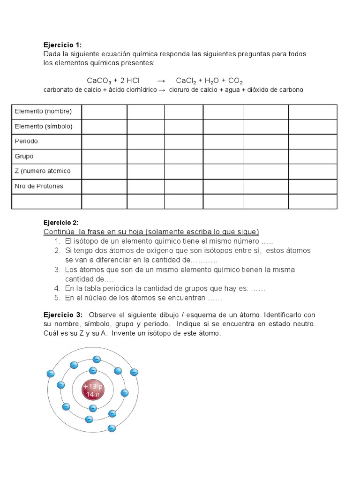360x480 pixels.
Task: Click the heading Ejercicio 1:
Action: [62, 45]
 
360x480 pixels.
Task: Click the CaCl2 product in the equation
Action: [186, 81]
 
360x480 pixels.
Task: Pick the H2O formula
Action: [211, 81]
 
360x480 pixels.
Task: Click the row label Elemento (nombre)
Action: [43, 112]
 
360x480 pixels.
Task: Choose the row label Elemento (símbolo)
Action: [44, 127]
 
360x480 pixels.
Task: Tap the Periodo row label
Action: [26, 141]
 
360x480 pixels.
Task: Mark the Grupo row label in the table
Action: [24, 156]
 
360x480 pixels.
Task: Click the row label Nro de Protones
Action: [39, 186]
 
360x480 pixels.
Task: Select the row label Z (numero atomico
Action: [43, 171]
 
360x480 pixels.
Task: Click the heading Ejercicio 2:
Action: [61, 222]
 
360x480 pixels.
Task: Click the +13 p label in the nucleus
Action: [92, 387]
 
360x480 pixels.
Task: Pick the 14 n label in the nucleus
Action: [92, 395]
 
